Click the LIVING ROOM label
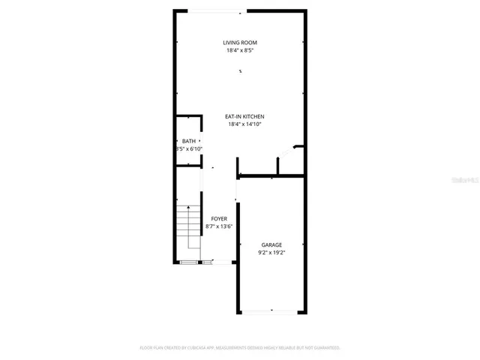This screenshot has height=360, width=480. (240, 42)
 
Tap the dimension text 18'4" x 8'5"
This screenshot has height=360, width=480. (240, 51)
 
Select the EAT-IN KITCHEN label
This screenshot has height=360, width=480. (245, 116)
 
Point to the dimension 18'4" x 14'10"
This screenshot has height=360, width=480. (245, 125)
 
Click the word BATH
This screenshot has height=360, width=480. (188, 141)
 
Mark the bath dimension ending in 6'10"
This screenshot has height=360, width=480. (189, 149)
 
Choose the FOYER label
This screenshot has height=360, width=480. (219, 218)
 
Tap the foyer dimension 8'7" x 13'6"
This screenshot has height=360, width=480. (219, 226)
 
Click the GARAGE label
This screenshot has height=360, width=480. (271, 244)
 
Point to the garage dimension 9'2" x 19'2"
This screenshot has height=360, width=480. (271, 253)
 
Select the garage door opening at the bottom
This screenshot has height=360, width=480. (271, 310)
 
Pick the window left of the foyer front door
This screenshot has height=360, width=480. (190, 262)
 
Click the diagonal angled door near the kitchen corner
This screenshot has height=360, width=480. (289, 154)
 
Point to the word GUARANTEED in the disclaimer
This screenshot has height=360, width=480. (324, 348)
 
